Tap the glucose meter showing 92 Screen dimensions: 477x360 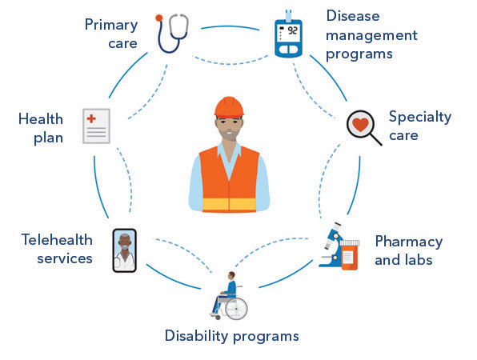point(288,35)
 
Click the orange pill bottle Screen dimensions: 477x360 point(349,254)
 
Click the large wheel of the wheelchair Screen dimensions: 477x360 point(236,309)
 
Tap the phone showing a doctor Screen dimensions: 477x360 point(124,250)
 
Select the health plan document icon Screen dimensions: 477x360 point(96,126)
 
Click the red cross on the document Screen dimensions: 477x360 point(91,118)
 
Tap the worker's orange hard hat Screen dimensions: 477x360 point(229,107)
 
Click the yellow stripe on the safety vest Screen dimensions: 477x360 point(229,204)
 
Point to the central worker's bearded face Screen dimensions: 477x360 point(229,128)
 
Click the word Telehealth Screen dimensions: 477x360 point(57,239)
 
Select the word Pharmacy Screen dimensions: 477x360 point(408,242)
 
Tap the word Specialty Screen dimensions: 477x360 point(420,118)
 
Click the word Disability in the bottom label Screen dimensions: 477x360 point(197,336)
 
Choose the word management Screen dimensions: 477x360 point(371,36)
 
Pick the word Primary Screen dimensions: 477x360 point(111,25)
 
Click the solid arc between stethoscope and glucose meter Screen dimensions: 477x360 point(230,26)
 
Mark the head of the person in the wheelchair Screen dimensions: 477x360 point(232,275)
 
